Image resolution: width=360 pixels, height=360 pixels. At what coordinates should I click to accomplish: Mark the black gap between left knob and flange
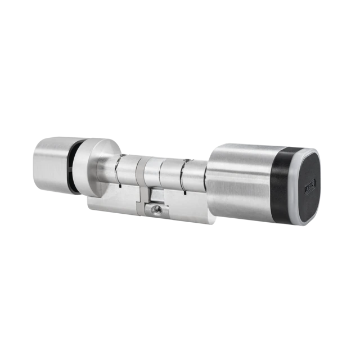(x=71, y=166)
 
